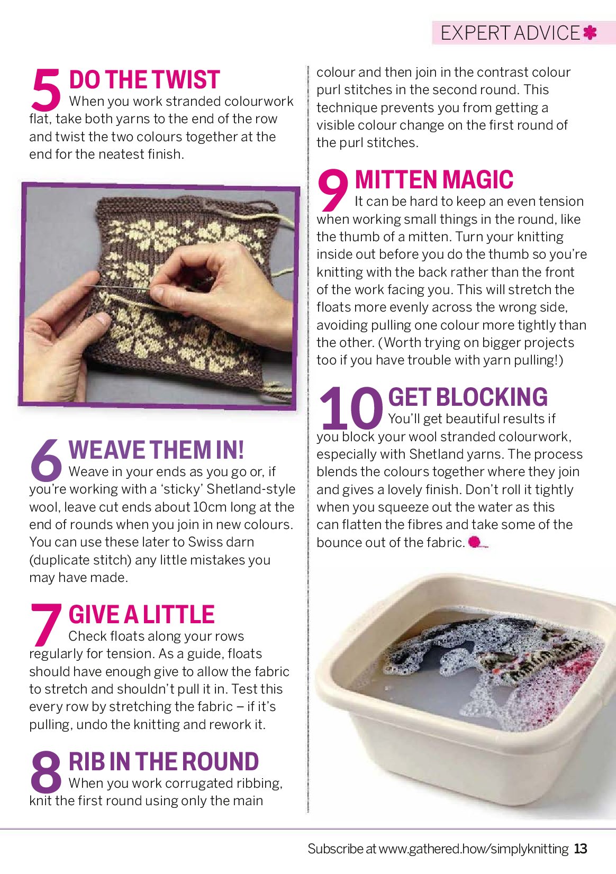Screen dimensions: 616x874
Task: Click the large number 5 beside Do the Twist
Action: point(46,89)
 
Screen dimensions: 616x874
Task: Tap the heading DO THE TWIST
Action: point(144,79)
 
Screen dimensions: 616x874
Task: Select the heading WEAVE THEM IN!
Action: point(156,450)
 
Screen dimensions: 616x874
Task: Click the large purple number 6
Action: point(46,460)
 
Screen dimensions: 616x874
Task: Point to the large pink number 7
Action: point(46,624)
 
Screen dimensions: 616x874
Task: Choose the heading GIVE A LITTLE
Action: point(141,615)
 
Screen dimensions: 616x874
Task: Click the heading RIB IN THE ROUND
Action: point(164,761)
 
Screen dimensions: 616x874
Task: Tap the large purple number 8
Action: point(46,771)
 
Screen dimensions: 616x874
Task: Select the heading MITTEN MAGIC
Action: point(434,179)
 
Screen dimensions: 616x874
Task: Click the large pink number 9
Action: point(332,189)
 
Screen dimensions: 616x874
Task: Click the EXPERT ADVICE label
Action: point(510,33)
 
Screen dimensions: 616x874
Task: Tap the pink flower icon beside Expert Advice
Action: point(590,33)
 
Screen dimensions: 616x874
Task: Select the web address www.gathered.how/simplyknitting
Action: point(474,849)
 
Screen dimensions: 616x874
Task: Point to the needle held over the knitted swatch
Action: point(117,288)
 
